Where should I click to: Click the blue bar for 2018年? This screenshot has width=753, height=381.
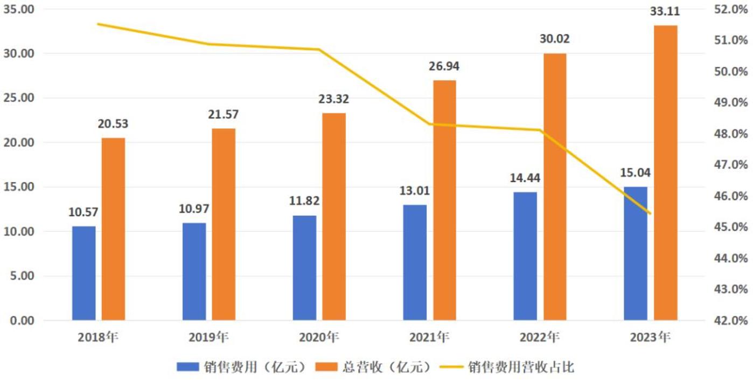click(x=84, y=273)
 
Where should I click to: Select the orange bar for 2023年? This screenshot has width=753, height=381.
click(x=666, y=173)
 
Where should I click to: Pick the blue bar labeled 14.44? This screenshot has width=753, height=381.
click(x=525, y=256)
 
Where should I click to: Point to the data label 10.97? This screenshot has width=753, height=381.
click(x=194, y=208)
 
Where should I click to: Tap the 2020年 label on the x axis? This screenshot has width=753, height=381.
click(x=319, y=338)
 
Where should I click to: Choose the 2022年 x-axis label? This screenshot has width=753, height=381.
click(x=540, y=338)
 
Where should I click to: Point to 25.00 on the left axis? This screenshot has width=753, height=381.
click(x=19, y=98)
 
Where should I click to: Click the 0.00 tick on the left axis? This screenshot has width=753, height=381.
click(x=22, y=321)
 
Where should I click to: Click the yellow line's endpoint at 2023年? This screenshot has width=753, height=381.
click(x=651, y=213)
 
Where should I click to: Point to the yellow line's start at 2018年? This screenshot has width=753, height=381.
click(x=98, y=24)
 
